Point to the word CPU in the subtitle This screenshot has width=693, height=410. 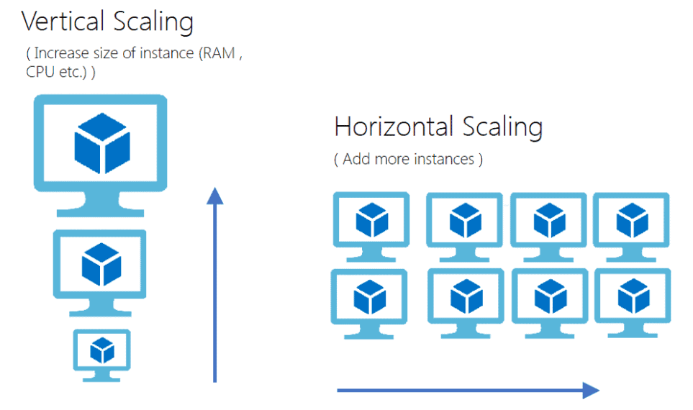(x=40, y=73)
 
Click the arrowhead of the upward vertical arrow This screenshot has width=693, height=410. (x=214, y=195)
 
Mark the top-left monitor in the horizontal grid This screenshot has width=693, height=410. (x=371, y=222)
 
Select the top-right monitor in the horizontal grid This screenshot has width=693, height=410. (x=633, y=222)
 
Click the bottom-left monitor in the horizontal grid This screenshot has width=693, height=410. (x=369, y=298)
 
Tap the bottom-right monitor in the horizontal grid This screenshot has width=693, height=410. (x=633, y=298)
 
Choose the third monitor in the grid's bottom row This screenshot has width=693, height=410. (x=550, y=298)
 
